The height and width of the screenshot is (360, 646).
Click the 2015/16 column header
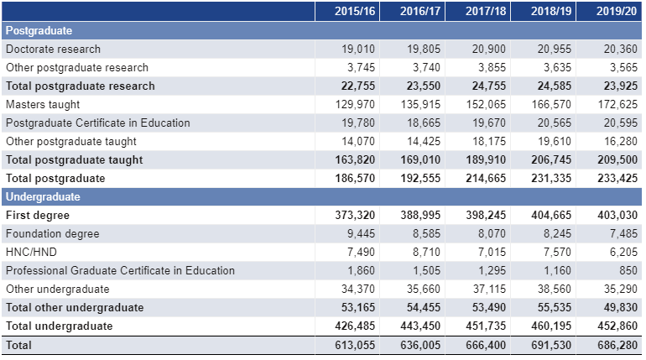click(354, 11)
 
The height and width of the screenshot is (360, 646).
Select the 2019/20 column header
click(617, 11)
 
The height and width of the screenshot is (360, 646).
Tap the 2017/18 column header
click(486, 11)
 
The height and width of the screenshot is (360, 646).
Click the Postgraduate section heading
click(39, 30)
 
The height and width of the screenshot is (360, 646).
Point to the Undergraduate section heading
click(43, 197)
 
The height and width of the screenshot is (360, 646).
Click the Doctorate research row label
click(53, 49)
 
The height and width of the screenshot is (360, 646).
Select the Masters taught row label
click(43, 104)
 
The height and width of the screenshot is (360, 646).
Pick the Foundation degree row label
click(52, 233)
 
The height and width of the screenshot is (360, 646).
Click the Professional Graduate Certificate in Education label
click(120, 270)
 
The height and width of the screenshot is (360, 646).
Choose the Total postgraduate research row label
click(80, 86)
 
